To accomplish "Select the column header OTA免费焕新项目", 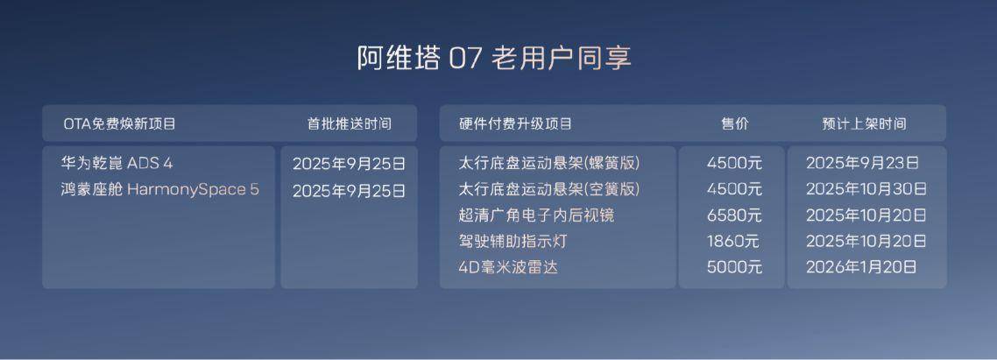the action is pos(119,124).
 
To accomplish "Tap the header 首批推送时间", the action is pos(350,124).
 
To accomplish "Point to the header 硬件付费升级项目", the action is pos(516,124).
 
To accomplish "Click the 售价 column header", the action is pos(734,124).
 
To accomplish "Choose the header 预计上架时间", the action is pos(864,124).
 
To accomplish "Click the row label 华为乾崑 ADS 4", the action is pos(117,164).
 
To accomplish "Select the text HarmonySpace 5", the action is pos(194,189).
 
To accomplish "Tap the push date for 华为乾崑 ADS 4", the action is pos(349,164).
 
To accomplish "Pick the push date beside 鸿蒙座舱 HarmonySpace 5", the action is pos(349,191).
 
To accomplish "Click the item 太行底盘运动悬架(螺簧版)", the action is pos(549,164).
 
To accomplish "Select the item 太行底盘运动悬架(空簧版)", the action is pos(549,189).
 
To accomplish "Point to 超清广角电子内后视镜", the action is pos(537,215).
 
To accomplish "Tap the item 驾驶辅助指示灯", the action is pos(513,242).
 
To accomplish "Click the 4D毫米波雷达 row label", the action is pos(508,267).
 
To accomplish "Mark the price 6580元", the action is pos(734,215).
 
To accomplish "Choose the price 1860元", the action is pos(734,242).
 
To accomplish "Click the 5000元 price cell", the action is pos(734,267).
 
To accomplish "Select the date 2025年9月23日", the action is pos(863,164).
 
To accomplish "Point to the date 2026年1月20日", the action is pos(861,267).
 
